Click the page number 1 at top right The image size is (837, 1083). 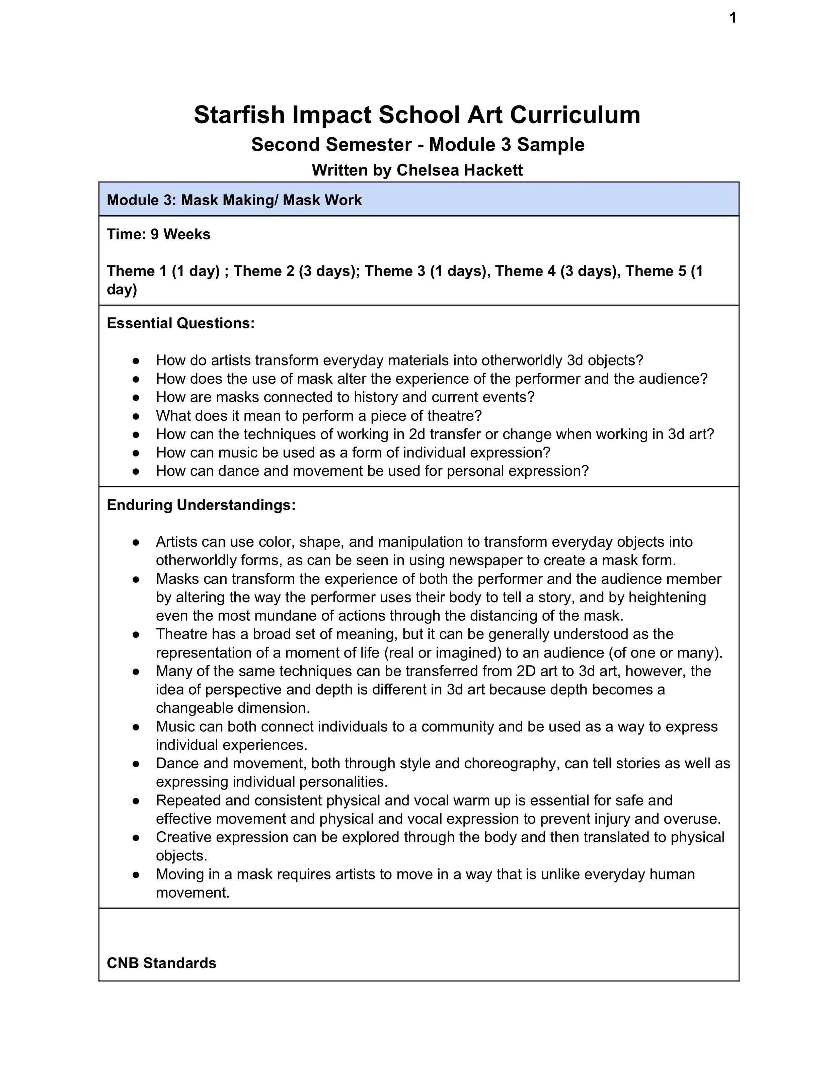pos(733,18)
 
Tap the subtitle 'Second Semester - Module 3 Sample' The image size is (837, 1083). pos(417,145)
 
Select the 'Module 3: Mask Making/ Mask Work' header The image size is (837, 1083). pos(234,200)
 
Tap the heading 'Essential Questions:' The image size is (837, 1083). pos(180,323)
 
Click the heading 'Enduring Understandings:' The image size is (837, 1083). pos(201,505)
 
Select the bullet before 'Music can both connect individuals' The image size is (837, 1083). pos(136,727)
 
